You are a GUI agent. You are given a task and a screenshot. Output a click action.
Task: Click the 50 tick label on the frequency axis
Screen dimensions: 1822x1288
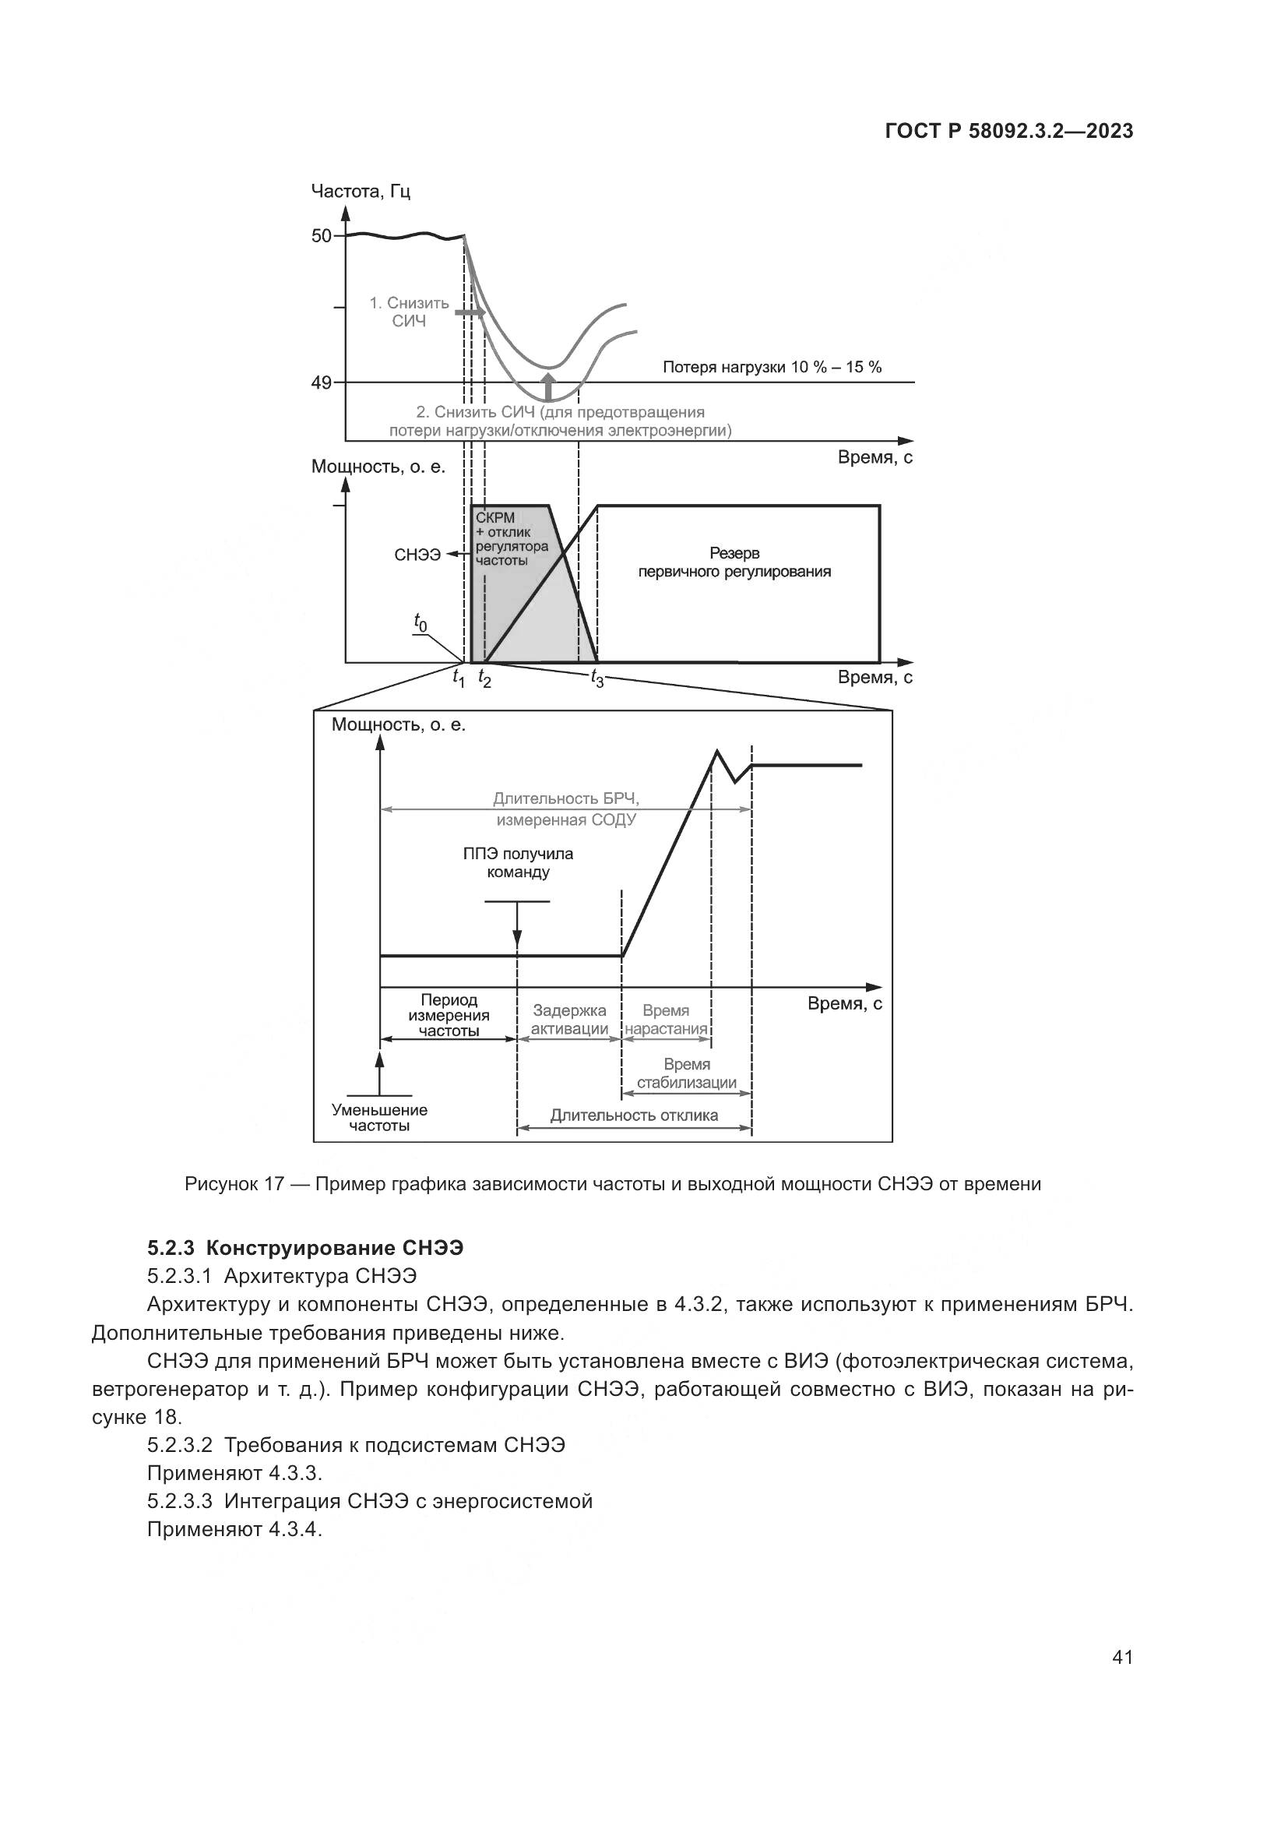(321, 236)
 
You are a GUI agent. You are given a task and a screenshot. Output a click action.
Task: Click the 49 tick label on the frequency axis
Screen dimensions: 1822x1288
(321, 383)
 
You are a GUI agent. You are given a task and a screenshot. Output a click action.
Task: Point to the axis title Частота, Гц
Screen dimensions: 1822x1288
(361, 192)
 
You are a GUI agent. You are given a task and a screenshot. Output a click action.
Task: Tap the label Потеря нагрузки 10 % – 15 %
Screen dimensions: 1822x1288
(772, 367)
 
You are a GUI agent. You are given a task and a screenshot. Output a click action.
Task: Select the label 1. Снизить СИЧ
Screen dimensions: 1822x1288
(410, 312)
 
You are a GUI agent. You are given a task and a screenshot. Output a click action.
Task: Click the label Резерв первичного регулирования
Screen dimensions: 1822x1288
(734, 562)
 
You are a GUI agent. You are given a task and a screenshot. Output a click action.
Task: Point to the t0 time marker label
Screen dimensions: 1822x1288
(420, 623)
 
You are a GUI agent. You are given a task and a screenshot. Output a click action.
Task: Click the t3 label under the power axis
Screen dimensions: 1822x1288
(596, 678)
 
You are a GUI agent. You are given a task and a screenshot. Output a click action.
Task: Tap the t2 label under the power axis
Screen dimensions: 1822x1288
(484, 678)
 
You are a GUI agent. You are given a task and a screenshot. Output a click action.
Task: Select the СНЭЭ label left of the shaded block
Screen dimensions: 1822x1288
(417, 555)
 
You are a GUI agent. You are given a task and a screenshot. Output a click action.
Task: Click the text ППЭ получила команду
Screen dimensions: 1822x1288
(518, 863)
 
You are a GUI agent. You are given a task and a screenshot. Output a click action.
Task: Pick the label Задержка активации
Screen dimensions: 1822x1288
(569, 1020)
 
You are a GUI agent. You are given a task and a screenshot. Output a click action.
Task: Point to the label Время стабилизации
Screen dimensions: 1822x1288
(687, 1073)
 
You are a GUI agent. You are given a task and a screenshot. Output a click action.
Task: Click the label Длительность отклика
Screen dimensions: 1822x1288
(634, 1115)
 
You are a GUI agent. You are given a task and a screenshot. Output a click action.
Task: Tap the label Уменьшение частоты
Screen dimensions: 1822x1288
(379, 1117)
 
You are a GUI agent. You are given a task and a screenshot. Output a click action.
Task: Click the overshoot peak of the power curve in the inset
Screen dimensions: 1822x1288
(717, 750)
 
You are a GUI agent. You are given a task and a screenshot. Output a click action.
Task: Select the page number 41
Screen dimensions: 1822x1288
(1122, 1657)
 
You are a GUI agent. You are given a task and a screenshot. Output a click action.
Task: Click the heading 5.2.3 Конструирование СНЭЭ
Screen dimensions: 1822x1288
(305, 1248)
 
